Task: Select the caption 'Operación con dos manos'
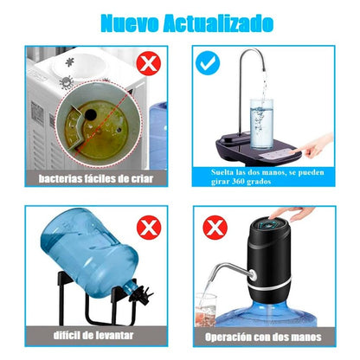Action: point(264,337)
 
